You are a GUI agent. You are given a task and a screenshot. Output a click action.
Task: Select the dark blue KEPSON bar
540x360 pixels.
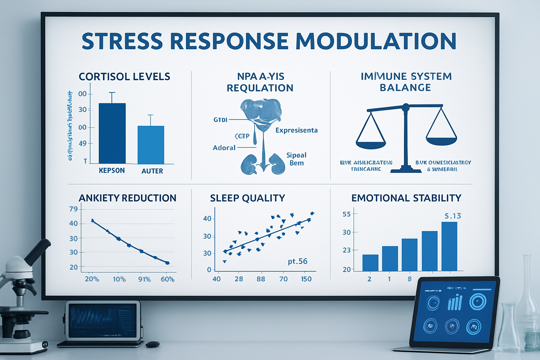112,134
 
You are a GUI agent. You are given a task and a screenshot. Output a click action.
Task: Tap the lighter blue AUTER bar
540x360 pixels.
151,145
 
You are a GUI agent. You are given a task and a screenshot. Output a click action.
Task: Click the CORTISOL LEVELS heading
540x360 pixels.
124,77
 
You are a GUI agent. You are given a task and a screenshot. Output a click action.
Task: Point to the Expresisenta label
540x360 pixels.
296,130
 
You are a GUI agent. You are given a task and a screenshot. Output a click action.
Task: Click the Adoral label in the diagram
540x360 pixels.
224,148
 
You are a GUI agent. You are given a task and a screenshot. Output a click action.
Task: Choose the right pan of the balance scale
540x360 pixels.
441,141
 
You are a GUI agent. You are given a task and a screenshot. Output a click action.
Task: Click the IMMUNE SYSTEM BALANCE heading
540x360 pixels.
406,82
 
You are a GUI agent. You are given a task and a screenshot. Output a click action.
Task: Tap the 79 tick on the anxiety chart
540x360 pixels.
73,209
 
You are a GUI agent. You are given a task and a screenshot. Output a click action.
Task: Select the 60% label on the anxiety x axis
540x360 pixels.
167,279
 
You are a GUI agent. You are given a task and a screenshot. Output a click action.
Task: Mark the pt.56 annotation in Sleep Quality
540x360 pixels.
297,262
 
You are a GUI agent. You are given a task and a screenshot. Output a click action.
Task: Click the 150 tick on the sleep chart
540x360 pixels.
306,279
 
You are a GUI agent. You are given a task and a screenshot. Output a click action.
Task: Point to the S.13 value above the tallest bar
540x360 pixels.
452,216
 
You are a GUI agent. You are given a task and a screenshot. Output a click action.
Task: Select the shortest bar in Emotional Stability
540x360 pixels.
370,263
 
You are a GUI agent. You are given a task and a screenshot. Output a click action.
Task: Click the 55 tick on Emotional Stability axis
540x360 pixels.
347,214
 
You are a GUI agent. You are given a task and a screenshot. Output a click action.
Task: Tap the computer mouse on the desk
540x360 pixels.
153,344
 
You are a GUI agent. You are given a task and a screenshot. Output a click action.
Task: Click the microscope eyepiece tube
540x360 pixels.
37,252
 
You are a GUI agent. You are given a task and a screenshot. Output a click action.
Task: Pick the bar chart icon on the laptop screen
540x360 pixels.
455,303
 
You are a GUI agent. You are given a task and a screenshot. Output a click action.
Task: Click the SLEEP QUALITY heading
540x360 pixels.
247,198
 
